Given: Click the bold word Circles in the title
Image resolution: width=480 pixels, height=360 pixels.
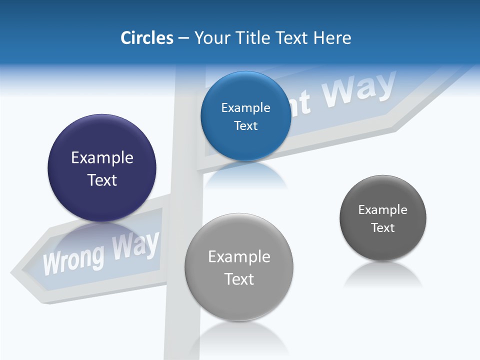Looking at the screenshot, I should [146, 38].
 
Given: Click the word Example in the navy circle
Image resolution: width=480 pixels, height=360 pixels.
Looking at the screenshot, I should [102, 158].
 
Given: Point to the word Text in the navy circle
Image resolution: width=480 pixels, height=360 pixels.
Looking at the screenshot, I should [102, 180].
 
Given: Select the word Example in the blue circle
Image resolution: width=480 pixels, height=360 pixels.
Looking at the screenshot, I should [245, 108].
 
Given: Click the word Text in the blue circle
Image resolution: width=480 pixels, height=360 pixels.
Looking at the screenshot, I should [245, 126].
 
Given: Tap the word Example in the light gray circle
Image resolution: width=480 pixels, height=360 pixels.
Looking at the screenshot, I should [239, 257].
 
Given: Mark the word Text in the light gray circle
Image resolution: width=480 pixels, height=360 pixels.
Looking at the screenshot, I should [239, 279].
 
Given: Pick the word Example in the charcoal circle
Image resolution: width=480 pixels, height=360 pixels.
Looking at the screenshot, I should [382, 210].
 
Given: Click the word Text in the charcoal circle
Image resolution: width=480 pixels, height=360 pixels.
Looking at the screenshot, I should [383, 228].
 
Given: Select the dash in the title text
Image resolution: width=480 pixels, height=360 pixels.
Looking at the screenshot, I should [183, 38].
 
